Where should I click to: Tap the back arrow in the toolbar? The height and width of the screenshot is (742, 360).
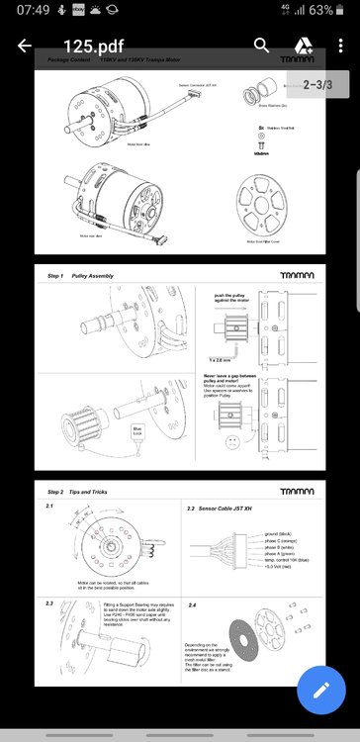[24, 46]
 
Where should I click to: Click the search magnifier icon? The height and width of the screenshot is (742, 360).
[261, 46]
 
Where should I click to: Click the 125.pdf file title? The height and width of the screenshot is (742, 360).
[95, 46]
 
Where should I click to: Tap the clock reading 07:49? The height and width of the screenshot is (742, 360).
[19, 11]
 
